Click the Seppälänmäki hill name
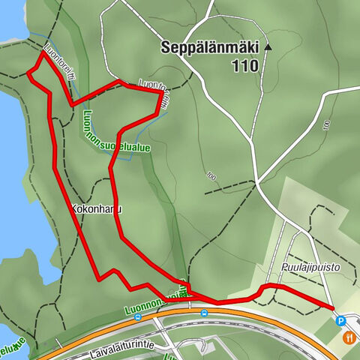point(209,47)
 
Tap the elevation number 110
point(244,66)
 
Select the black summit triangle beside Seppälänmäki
point(268,47)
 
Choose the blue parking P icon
point(340,321)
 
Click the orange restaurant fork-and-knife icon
point(349,337)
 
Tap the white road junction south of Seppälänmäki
point(256,182)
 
